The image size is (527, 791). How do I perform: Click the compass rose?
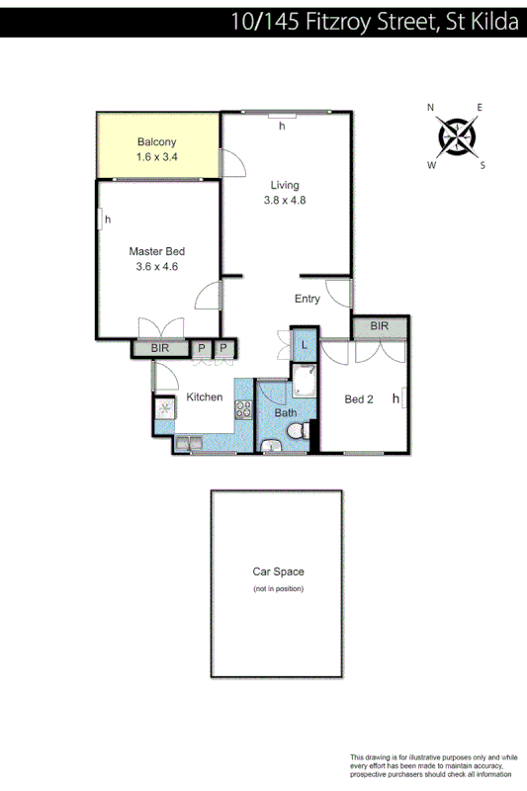tap(456, 135)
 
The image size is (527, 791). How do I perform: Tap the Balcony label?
tap(156, 142)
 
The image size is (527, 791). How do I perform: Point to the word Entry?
tap(307, 299)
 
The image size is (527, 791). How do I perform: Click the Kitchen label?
tap(205, 397)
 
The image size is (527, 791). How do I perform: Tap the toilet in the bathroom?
tap(295, 432)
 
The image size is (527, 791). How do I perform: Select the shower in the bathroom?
tap(304, 383)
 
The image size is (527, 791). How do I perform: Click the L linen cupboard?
tap(305, 344)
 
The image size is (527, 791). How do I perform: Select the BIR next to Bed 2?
tap(380, 327)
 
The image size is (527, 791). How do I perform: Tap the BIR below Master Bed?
tap(160, 348)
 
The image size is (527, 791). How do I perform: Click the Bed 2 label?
tap(358, 399)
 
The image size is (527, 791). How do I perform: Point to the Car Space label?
tap(278, 571)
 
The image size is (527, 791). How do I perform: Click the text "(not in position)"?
tap(278, 588)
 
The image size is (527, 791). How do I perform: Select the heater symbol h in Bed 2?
tap(395, 398)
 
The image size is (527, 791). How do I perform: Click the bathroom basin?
tap(272, 447)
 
